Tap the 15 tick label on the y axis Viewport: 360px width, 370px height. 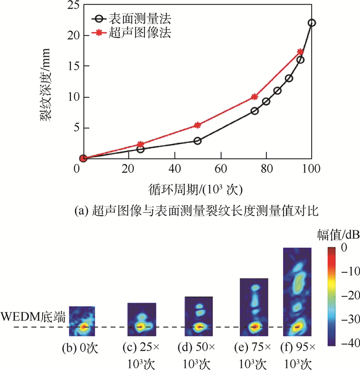[69, 66]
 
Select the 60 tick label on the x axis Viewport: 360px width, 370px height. [221, 168]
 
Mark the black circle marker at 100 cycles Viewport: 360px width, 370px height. [312, 23]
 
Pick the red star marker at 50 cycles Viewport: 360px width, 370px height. [199, 125]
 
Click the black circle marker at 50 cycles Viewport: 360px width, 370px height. [197, 140]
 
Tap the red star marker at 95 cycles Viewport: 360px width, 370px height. [300, 51]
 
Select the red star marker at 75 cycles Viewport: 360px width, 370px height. [255, 96]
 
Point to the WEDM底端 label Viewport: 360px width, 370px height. [33, 318]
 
